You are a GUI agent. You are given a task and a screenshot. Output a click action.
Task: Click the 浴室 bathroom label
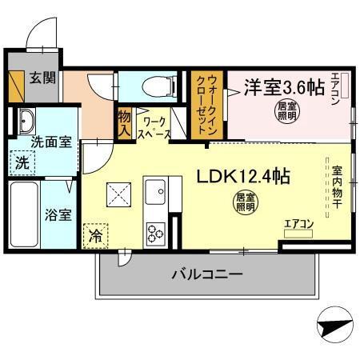point(58,214)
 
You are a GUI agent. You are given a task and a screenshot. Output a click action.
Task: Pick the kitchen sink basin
point(154,193)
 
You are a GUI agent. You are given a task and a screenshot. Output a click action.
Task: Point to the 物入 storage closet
point(124,124)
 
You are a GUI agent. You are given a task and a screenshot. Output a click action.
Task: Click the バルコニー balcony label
point(207,275)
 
